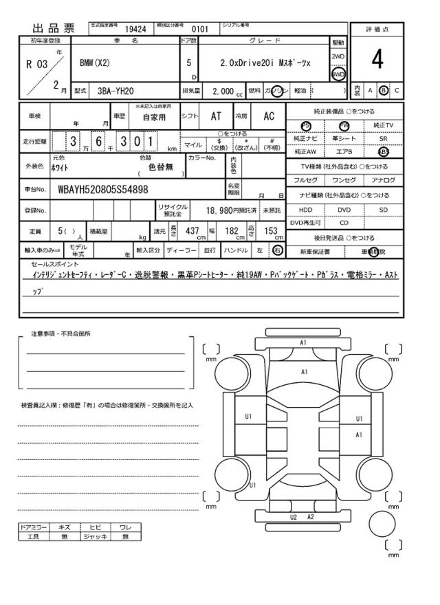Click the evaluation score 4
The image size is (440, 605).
[377, 61]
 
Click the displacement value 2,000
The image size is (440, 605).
[223, 91]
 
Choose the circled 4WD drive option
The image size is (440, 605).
[338, 74]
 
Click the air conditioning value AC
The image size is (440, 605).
[269, 117]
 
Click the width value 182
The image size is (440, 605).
[232, 232]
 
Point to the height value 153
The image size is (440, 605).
[270, 232]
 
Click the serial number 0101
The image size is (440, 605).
[199, 30]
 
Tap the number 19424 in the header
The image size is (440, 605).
[135, 30]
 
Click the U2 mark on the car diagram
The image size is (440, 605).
[294, 517]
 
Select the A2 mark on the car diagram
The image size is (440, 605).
[311, 517]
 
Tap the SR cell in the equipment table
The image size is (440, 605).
[383, 138]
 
